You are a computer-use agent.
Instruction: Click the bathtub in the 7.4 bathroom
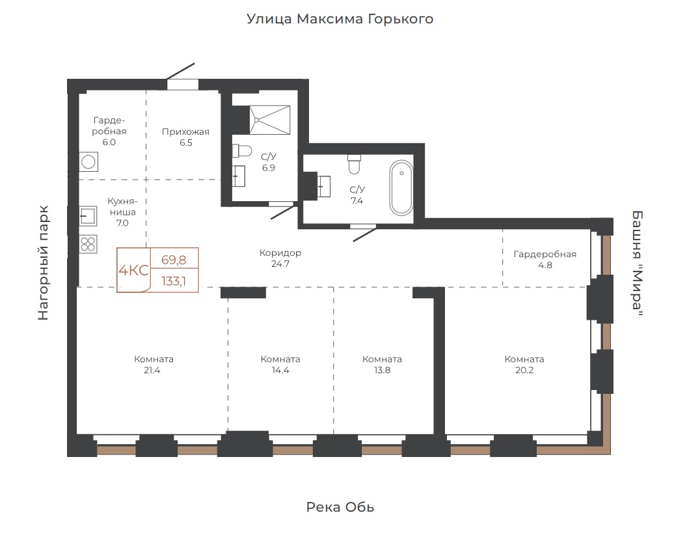pyautogui.click(x=401, y=187)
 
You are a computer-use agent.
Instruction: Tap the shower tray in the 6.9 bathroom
pyautogui.click(x=269, y=120)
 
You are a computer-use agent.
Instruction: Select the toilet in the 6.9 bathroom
pyautogui.click(x=242, y=151)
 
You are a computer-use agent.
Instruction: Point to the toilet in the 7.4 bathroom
pyautogui.click(x=354, y=165)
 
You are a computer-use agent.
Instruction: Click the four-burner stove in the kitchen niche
pyautogui.click(x=88, y=244)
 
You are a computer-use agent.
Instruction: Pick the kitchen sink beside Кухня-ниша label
pyautogui.click(x=88, y=216)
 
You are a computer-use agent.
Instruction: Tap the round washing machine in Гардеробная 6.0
pyautogui.click(x=88, y=161)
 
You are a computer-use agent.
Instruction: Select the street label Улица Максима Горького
pyautogui.click(x=340, y=20)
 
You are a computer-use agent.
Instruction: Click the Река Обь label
pyautogui.click(x=340, y=507)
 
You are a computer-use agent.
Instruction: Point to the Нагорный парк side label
pyautogui.click(x=43, y=262)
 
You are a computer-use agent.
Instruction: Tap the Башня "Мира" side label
pyautogui.click(x=638, y=264)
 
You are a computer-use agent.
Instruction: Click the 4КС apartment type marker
pyautogui.click(x=133, y=270)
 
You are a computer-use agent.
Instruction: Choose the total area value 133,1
pyautogui.click(x=174, y=281)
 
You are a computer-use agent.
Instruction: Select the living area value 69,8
pyautogui.click(x=174, y=260)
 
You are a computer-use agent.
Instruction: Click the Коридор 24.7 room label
pyautogui.click(x=280, y=258)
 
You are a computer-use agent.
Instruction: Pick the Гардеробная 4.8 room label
pyautogui.click(x=545, y=260)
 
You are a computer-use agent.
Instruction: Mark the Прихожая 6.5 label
pyautogui.click(x=185, y=137)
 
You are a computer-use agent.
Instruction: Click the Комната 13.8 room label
pyautogui.click(x=382, y=365)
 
